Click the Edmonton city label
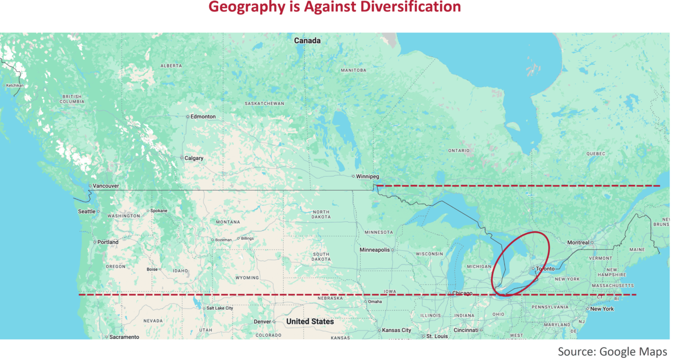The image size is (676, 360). click(x=203, y=117)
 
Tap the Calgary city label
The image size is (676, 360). click(x=193, y=158)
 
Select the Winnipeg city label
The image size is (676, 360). click(x=367, y=176)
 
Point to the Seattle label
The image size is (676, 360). click(x=87, y=211)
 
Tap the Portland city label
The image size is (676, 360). click(x=108, y=242)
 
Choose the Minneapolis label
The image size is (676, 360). click(x=374, y=250)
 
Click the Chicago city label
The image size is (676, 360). click(x=462, y=293)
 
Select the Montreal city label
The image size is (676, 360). click(x=578, y=243)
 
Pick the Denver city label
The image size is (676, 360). click(x=262, y=321)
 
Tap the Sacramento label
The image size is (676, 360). click(x=124, y=337)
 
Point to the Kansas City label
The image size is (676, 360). click(x=396, y=330)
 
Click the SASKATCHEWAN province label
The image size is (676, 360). click(x=264, y=103)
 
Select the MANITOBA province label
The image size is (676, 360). click(x=353, y=70)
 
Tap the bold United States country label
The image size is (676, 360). click(x=310, y=321)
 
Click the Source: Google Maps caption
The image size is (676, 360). click(x=612, y=352)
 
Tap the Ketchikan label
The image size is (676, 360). click(x=15, y=86)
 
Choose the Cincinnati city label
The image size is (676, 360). click(x=465, y=330)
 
